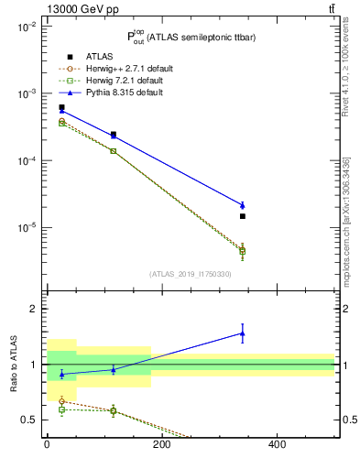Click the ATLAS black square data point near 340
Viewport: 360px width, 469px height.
pyautogui.click(x=243, y=216)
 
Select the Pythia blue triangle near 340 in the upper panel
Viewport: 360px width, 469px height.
pyautogui.click(x=243, y=205)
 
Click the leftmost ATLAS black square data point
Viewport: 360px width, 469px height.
pyautogui.click(x=61, y=107)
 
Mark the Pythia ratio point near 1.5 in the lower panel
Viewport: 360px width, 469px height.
pyautogui.click(x=243, y=333)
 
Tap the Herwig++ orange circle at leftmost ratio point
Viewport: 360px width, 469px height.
pyautogui.click(x=61, y=401)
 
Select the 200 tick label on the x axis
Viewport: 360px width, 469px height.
pyautogui.click(x=161, y=445)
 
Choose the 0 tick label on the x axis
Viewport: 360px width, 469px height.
pyautogui.click(x=47, y=445)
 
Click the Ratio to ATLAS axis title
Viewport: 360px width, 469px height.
pyautogui.click(x=13, y=365)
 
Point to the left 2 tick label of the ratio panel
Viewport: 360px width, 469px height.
pyautogui.click(x=32, y=310)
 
